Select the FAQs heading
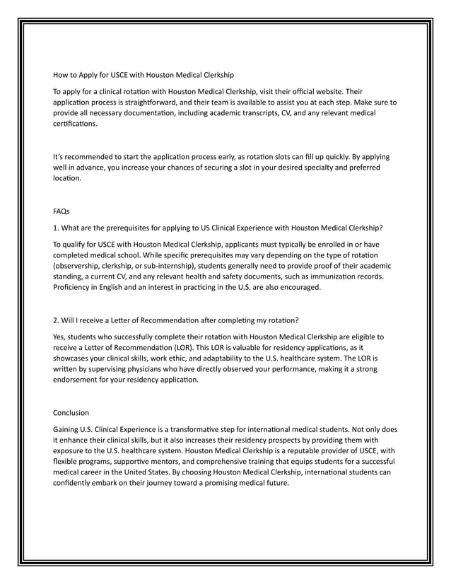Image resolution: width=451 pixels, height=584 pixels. (x=61, y=211)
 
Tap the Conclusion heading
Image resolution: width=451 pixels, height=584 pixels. (x=71, y=412)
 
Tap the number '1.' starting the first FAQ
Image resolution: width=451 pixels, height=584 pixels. (x=57, y=228)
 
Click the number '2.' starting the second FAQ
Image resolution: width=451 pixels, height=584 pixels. (x=57, y=320)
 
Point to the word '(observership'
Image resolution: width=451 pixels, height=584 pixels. (x=82, y=266)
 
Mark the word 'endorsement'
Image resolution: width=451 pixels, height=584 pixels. (x=79, y=380)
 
